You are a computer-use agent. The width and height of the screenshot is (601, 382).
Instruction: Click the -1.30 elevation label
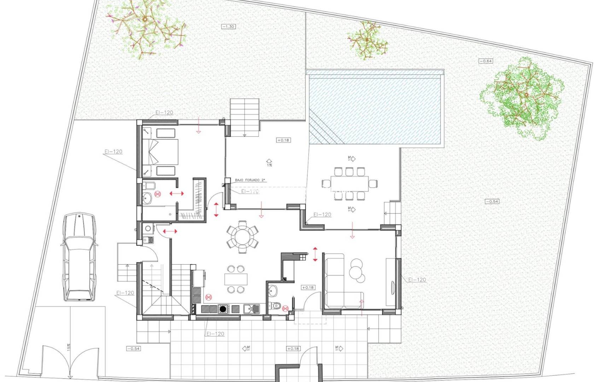(228, 27)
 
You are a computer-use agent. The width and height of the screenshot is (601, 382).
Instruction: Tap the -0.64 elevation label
(486, 61)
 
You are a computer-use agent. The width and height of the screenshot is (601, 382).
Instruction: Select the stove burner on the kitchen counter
(223, 309)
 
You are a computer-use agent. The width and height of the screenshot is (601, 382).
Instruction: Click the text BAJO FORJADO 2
(250, 180)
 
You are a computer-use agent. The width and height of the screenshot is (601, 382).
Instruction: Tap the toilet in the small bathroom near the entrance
(275, 305)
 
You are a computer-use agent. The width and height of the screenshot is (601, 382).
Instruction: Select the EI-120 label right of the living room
(417, 279)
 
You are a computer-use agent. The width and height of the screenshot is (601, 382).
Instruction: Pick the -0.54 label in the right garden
(492, 201)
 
